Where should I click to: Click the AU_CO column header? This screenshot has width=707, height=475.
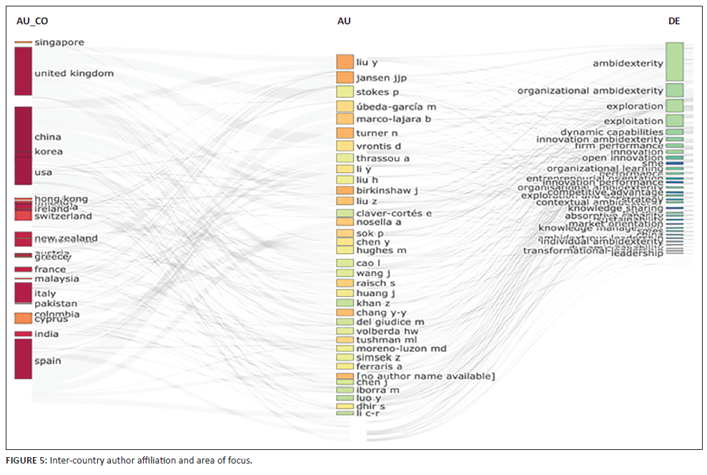pos(31,21)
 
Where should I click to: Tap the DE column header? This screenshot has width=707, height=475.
pos(673,21)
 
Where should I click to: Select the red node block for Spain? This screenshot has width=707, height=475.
pos(23,358)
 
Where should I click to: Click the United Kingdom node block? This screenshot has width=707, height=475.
pos(23,71)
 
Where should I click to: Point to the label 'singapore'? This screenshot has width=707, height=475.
pos(59,42)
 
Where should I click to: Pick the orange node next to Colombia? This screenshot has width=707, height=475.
pos(23,318)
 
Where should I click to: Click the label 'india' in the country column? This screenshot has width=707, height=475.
pos(46,334)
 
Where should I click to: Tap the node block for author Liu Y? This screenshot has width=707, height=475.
pos(345,62)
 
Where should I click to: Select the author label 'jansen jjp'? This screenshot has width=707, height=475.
pos(381,77)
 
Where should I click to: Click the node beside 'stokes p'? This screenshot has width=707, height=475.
pos(345,92)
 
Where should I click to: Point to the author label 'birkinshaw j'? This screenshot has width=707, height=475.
pos(387,190)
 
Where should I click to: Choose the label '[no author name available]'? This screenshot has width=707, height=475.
pos(425,376)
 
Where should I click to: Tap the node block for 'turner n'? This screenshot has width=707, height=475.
pos(345,133)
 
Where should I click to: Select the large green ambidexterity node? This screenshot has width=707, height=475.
pos(674,62)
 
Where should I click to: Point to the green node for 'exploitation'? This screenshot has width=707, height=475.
pos(674,121)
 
